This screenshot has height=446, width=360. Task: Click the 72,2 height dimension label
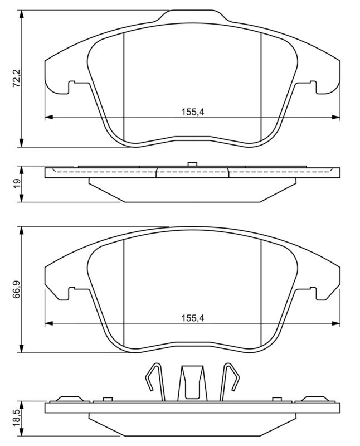pyautogui.click(x=16, y=79)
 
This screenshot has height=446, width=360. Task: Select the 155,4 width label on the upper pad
pyautogui.click(x=193, y=112)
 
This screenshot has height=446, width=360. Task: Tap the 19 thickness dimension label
pyautogui.click(x=16, y=183)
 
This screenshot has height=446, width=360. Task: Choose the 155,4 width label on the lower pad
pyautogui.click(x=193, y=318)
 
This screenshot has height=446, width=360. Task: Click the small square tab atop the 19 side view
pyautogui.click(x=192, y=164)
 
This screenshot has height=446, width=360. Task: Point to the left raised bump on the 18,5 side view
pyautogui.click(x=69, y=399)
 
